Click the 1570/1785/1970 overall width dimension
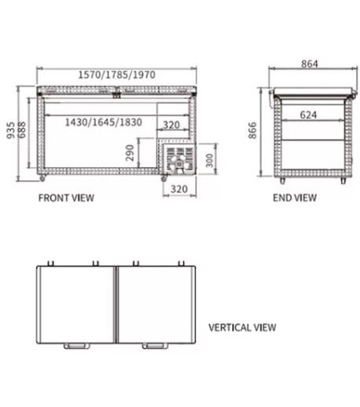[x=117, y=74]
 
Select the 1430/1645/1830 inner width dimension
[x=104, y=122]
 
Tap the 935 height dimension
[x=11, y=130]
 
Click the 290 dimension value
[x=130, y=153]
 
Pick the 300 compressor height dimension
[x=209, y=160]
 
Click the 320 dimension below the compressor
[x=179, y=189]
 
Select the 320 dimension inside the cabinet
[x=171, y=125]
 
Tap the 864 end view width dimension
[x=310, y=64]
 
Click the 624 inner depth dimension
[x=308, y=114]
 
